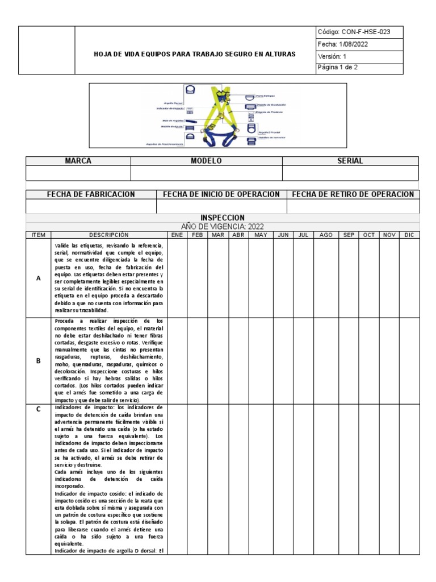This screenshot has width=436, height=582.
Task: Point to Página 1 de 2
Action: click(338, 68)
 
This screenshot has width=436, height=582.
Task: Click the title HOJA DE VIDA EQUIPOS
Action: click(195, 55)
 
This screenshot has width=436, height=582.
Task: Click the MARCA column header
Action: click(78, 161)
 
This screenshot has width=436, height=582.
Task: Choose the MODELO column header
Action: click(206, 161)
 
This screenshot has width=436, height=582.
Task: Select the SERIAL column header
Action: click(350, 161)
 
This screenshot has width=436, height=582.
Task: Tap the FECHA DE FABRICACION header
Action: click(91, 194)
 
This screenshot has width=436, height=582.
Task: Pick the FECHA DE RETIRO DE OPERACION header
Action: click(353, 194)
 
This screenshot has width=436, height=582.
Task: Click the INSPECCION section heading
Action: click(223, 218)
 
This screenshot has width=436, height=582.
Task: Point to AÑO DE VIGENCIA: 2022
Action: click(223, 226)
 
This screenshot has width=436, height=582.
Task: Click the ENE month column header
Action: click(177, 234)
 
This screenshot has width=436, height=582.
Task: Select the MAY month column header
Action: click(261, 234)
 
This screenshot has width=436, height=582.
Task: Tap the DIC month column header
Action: click(409, 234)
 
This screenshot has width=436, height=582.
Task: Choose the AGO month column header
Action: click(326, 234)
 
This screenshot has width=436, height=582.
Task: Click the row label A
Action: click(39, 278)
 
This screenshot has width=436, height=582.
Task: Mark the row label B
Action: click(39, 360)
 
